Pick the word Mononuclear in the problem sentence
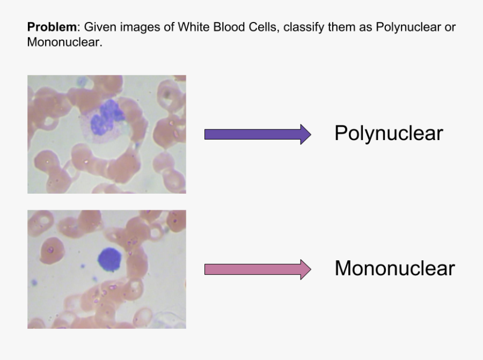coord(64,42)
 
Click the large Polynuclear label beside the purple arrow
coord(389,133)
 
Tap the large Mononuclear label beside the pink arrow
coord(394,268)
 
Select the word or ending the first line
coord(450,27)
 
